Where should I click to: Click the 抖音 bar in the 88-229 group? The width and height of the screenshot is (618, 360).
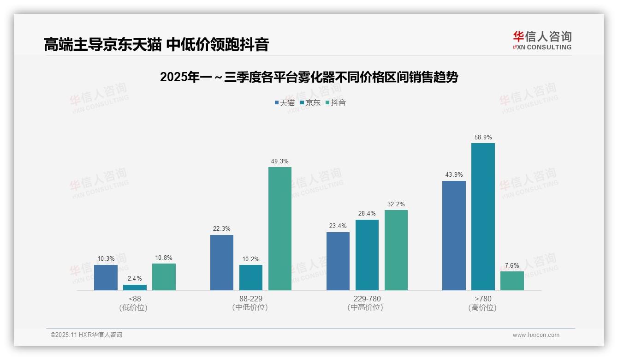click(280, 228)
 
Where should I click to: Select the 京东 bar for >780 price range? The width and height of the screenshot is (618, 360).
click(483, 216)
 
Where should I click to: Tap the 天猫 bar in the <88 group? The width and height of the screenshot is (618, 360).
click(106, 277)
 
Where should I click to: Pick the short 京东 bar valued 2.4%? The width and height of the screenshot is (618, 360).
click(135, 287)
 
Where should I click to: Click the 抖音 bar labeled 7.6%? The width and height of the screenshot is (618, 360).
click(512, 281)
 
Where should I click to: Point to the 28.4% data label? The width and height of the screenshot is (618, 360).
click(367, 214)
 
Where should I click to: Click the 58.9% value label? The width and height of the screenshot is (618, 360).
click(483, 137)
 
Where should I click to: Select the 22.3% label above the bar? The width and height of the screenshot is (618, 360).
click(221, 229)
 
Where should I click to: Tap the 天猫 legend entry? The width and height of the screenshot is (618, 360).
click(284, 103)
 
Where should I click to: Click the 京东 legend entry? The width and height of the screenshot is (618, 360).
click(310, 103)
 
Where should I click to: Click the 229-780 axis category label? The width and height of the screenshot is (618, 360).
click(367, 299)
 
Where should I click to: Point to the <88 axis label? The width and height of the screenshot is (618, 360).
click(135, 299)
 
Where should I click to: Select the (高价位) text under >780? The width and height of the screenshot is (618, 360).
click(482, 307)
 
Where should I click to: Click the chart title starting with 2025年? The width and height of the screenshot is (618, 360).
click(309, 77)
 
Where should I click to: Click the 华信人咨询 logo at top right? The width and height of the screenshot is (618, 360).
click(542, 40)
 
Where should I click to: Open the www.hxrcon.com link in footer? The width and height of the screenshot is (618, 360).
click(535, 335)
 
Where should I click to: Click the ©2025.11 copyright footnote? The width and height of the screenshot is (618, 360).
click(86, 335)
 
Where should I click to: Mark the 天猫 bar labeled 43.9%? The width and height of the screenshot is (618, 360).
click(454, 235)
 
